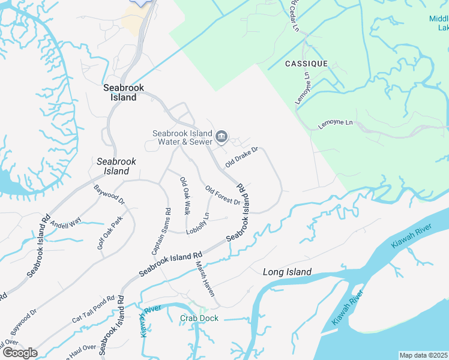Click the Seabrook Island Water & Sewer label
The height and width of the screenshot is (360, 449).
[182, 137]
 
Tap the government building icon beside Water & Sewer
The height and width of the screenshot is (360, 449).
[221, 137]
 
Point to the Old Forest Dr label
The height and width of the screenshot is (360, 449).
[223, 196]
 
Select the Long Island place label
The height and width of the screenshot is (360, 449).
[287, 272]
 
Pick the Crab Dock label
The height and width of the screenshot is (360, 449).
[199, 318]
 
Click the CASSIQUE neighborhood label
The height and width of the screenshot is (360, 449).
[306, 64]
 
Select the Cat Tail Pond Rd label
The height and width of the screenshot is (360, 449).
[93, 307]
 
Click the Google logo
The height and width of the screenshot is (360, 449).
[20, 352]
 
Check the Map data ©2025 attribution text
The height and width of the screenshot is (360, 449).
[423, 355]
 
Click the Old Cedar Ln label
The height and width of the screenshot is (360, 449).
[294, 15]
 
